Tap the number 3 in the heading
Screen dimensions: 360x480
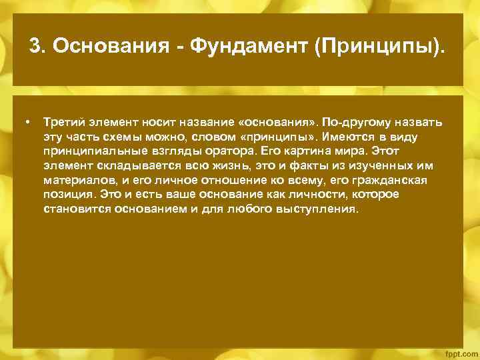coord(35,47)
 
